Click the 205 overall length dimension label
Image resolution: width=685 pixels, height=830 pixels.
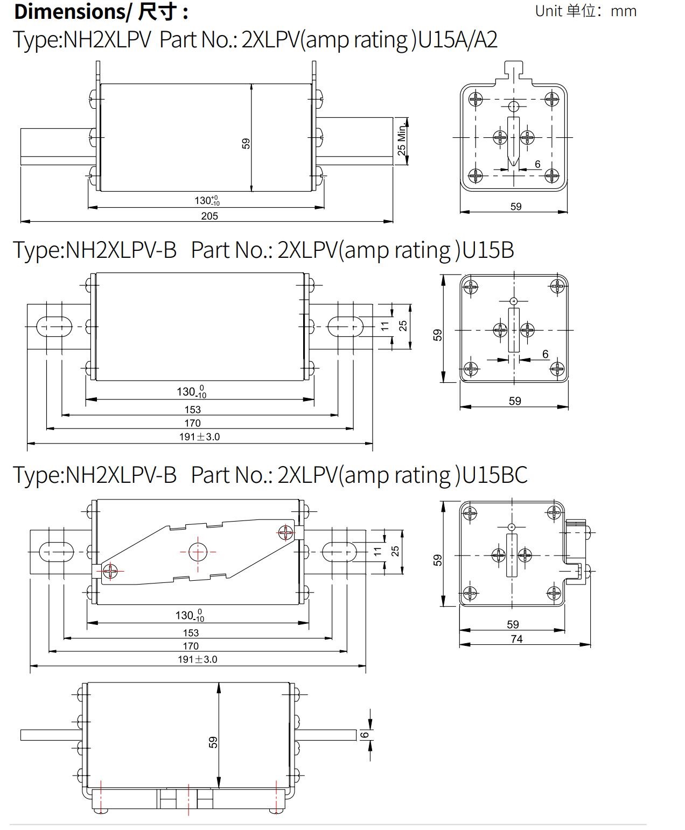tap(209, 216)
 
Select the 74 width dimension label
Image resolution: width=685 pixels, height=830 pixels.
tap(516, 639)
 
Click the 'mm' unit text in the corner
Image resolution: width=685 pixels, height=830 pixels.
tap(624, 11)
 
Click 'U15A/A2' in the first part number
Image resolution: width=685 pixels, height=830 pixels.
tap(458, 40)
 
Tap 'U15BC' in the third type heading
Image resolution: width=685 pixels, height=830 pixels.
tap(495, 475)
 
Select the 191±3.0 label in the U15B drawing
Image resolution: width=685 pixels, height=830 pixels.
tap(199, 437)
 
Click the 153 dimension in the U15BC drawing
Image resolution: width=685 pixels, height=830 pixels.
tap(191, 633)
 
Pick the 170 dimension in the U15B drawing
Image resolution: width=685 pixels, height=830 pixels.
tap(192, 423)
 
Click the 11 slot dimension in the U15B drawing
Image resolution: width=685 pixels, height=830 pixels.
tap(385, 326)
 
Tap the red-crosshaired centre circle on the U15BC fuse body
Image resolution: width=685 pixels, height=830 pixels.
tap(198, 552)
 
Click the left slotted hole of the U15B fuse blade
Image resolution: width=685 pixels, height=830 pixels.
tap(54, 326)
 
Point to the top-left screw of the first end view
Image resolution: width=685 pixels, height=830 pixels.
tap(476, 99)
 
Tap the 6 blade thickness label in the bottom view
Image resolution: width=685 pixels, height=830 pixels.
tap(365, 735)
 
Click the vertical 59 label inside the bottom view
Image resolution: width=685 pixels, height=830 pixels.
tap(213, 742)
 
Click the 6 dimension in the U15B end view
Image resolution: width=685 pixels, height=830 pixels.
tap(546, 354)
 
